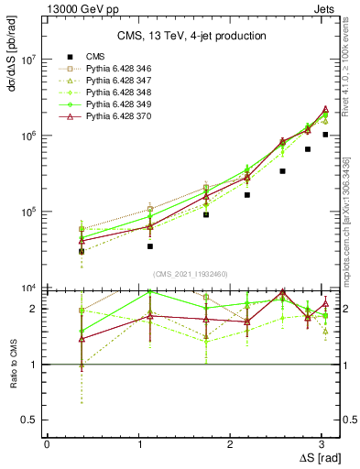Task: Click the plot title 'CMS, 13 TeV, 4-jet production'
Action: click(191, 36)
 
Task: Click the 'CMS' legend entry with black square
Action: click(96, 57)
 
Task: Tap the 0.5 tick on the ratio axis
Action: click(29, 420)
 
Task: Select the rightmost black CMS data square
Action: click(325, 135)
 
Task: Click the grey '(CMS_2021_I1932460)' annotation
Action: click(191, 273)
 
